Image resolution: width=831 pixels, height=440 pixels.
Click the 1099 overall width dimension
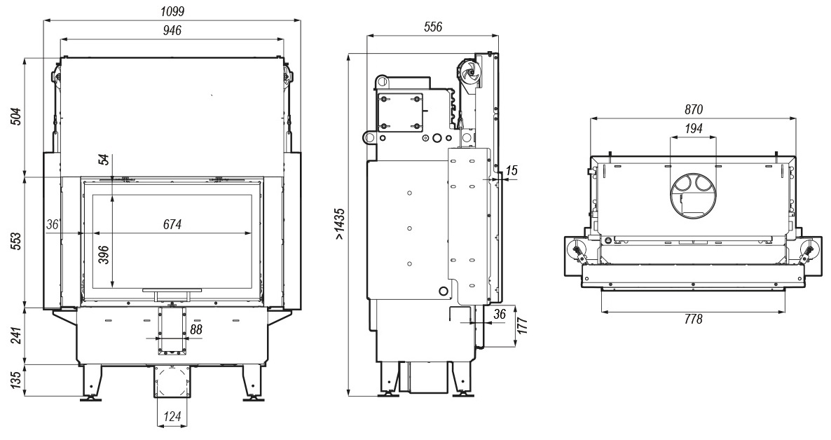(172, 11)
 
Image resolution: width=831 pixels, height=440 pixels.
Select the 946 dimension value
(172, 30)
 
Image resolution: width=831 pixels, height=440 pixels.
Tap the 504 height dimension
(16, 116)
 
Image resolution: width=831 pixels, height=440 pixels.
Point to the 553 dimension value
(16, 242)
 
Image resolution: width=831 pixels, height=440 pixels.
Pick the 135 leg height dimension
(16, 380)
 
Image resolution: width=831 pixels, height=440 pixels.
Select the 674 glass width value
(172, 225)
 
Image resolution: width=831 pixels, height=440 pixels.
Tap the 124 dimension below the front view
(172, 417)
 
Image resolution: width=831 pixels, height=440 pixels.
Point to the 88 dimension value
(196, 330)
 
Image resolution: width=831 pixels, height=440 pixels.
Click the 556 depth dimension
(433, 27)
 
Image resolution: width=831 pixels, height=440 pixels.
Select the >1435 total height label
(340, 224)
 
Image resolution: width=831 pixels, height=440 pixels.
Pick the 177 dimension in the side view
(522, 324)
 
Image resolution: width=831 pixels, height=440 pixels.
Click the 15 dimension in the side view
(511, 171)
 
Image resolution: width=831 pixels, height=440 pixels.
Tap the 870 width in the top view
(693, 110)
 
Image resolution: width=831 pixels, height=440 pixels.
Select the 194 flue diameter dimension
(693, 129)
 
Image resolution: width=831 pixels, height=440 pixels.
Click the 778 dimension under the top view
(693, 319)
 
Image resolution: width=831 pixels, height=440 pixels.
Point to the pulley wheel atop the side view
(469, 73)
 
